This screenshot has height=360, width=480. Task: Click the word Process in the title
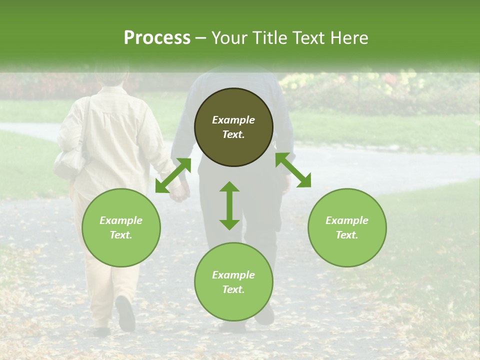(x=157, y=38)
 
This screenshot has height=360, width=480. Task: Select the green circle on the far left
(x=121, y=227)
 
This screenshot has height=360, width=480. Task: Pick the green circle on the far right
(x=347, y=227)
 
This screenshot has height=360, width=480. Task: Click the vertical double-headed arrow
(x=229, y=205)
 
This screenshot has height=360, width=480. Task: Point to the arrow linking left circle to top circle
(x=173, y=175)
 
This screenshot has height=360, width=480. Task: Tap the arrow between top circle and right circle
(x=293, y=170)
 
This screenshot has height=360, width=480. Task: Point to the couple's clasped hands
(x=179, y=192)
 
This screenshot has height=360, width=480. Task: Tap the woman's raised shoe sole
(x=125, y=313)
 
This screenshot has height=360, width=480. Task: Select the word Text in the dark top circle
(x=233, y=134)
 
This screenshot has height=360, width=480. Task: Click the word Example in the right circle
(x=347, y=220)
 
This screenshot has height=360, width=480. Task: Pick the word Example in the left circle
(x=121, y=220)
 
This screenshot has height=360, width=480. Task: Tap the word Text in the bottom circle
(x=233, y=289)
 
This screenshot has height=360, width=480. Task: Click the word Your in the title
(x=228, y=38)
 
